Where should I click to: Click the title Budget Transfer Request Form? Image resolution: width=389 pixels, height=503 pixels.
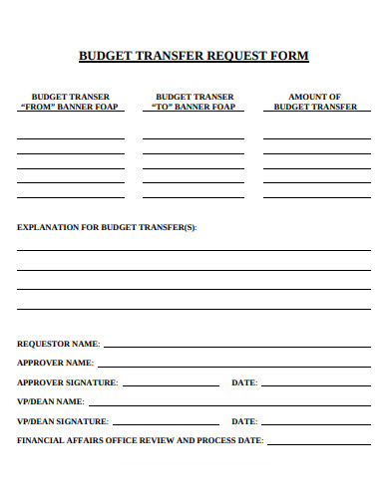point(194,56)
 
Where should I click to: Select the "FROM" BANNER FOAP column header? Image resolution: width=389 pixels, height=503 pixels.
point(70,102)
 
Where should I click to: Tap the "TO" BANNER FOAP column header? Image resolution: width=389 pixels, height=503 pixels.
point(194,102)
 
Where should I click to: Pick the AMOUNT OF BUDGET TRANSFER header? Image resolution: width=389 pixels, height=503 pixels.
point(315,102)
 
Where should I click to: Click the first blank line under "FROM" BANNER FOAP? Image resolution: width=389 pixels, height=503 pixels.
point(70,137)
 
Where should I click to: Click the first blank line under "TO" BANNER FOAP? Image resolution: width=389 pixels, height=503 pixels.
point(194,137)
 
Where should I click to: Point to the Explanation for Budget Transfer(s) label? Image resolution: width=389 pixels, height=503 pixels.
point(107,227)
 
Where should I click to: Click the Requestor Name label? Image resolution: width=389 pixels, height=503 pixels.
point(58,344)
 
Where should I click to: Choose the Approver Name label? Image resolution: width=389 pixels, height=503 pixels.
point(55,363)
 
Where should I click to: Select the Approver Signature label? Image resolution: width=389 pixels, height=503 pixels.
point(67,382)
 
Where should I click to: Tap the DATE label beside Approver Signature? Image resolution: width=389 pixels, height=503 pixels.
point(244,382)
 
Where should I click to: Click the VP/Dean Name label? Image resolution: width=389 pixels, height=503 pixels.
point(50,401)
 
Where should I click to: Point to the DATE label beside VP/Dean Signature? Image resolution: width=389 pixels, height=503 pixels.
point(244,421)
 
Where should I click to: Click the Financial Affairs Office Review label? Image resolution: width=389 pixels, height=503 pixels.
point(140,440)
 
